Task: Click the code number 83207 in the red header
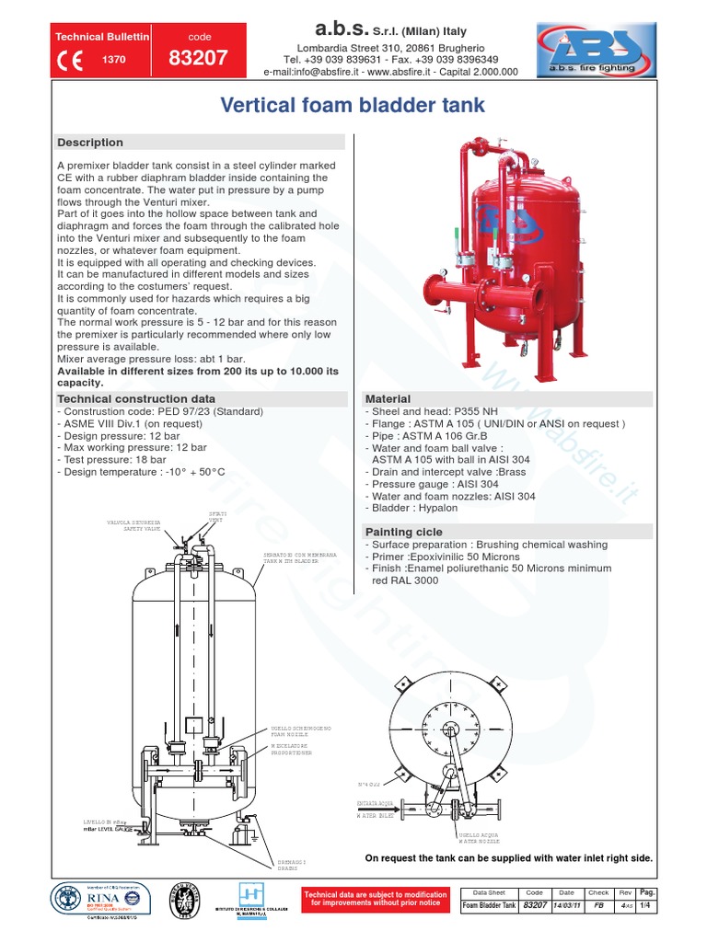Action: pos(199,58)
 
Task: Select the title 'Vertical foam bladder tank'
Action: pos(353,107)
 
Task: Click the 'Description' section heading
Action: pos(90,143)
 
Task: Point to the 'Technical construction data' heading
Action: pos(136,397)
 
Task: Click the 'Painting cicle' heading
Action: pos(404,532)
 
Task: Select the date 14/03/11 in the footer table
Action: pos(566,906)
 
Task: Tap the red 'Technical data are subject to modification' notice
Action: pos(375,899)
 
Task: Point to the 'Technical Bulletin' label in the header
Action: pos(102,37)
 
